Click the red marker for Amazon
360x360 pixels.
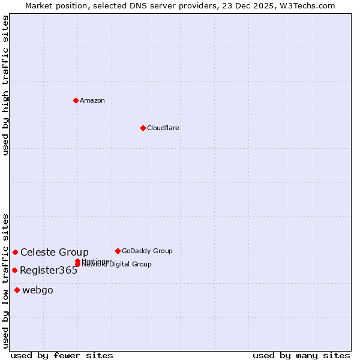[76, 100]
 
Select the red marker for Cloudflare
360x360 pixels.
[143, 128]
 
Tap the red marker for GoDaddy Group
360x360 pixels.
[118, 251]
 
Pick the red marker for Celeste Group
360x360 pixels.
[15, 252]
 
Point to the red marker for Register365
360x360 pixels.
[14, 270]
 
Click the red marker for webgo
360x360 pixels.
[17, 290]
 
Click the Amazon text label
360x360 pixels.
[92, 100]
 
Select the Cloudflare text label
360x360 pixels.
[163, 128]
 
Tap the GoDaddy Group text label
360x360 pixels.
[147, 251]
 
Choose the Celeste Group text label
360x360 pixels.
[55, 252]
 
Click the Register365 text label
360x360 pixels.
[49, 270]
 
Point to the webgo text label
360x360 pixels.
[38, 290]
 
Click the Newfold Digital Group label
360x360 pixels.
[118, 265]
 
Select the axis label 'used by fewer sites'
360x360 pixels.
[62, 355]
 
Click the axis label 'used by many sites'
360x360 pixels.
[301, 355]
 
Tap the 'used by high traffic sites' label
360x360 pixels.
[5, 85]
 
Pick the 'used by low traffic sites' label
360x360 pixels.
[5, 281]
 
